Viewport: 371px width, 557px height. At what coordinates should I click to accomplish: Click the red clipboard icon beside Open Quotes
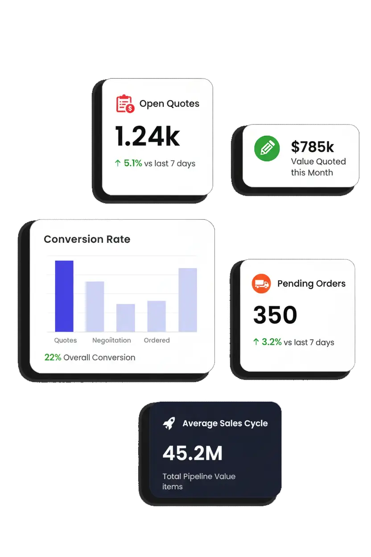tap(125, 104)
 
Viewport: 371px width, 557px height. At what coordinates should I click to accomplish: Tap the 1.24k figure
tap(147, 136)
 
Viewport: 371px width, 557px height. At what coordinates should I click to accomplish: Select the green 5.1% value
tap(133, 163)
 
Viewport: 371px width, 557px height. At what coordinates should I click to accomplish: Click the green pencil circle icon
tap(267, 149)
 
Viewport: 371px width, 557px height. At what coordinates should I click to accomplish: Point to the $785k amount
tap(312, 146)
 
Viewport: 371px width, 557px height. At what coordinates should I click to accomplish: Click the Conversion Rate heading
tap(87, 239)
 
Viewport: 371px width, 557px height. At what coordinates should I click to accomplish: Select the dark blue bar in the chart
tap(64, 296)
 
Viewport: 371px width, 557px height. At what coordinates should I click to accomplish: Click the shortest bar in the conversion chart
tap(126, 318)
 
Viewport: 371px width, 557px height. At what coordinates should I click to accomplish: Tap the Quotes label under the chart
tap(66, 340)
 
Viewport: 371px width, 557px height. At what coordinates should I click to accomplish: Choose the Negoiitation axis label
tap(111, 341)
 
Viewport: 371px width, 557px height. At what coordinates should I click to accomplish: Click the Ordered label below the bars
tap(157, 340)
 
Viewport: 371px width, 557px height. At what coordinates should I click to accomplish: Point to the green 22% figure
tap(53, 357)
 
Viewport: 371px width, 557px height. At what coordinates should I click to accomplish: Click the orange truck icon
tap(261, 283)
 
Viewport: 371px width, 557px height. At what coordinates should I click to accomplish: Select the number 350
tap(275, 315)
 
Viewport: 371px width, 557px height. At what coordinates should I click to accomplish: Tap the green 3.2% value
tap(272, 342)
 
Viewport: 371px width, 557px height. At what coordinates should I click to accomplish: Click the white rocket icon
tap(169, 423)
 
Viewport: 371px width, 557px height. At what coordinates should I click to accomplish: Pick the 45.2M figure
tap(192, 453)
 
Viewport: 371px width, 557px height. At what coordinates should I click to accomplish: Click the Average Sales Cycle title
tap(225, 424)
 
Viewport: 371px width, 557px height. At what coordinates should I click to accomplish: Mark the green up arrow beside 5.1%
tap(118, 163)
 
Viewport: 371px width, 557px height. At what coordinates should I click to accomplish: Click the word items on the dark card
tap(173, 486)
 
